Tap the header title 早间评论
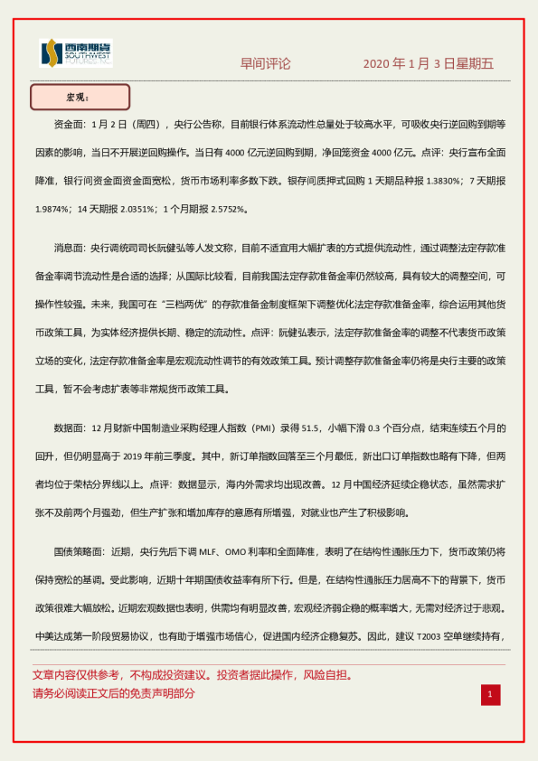[x=265, y=64]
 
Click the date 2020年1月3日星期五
[x=428, y=64]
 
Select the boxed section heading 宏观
[x=80, y=97]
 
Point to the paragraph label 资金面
[x=72, y=124]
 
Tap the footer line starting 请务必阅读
[x=113, y=694]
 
